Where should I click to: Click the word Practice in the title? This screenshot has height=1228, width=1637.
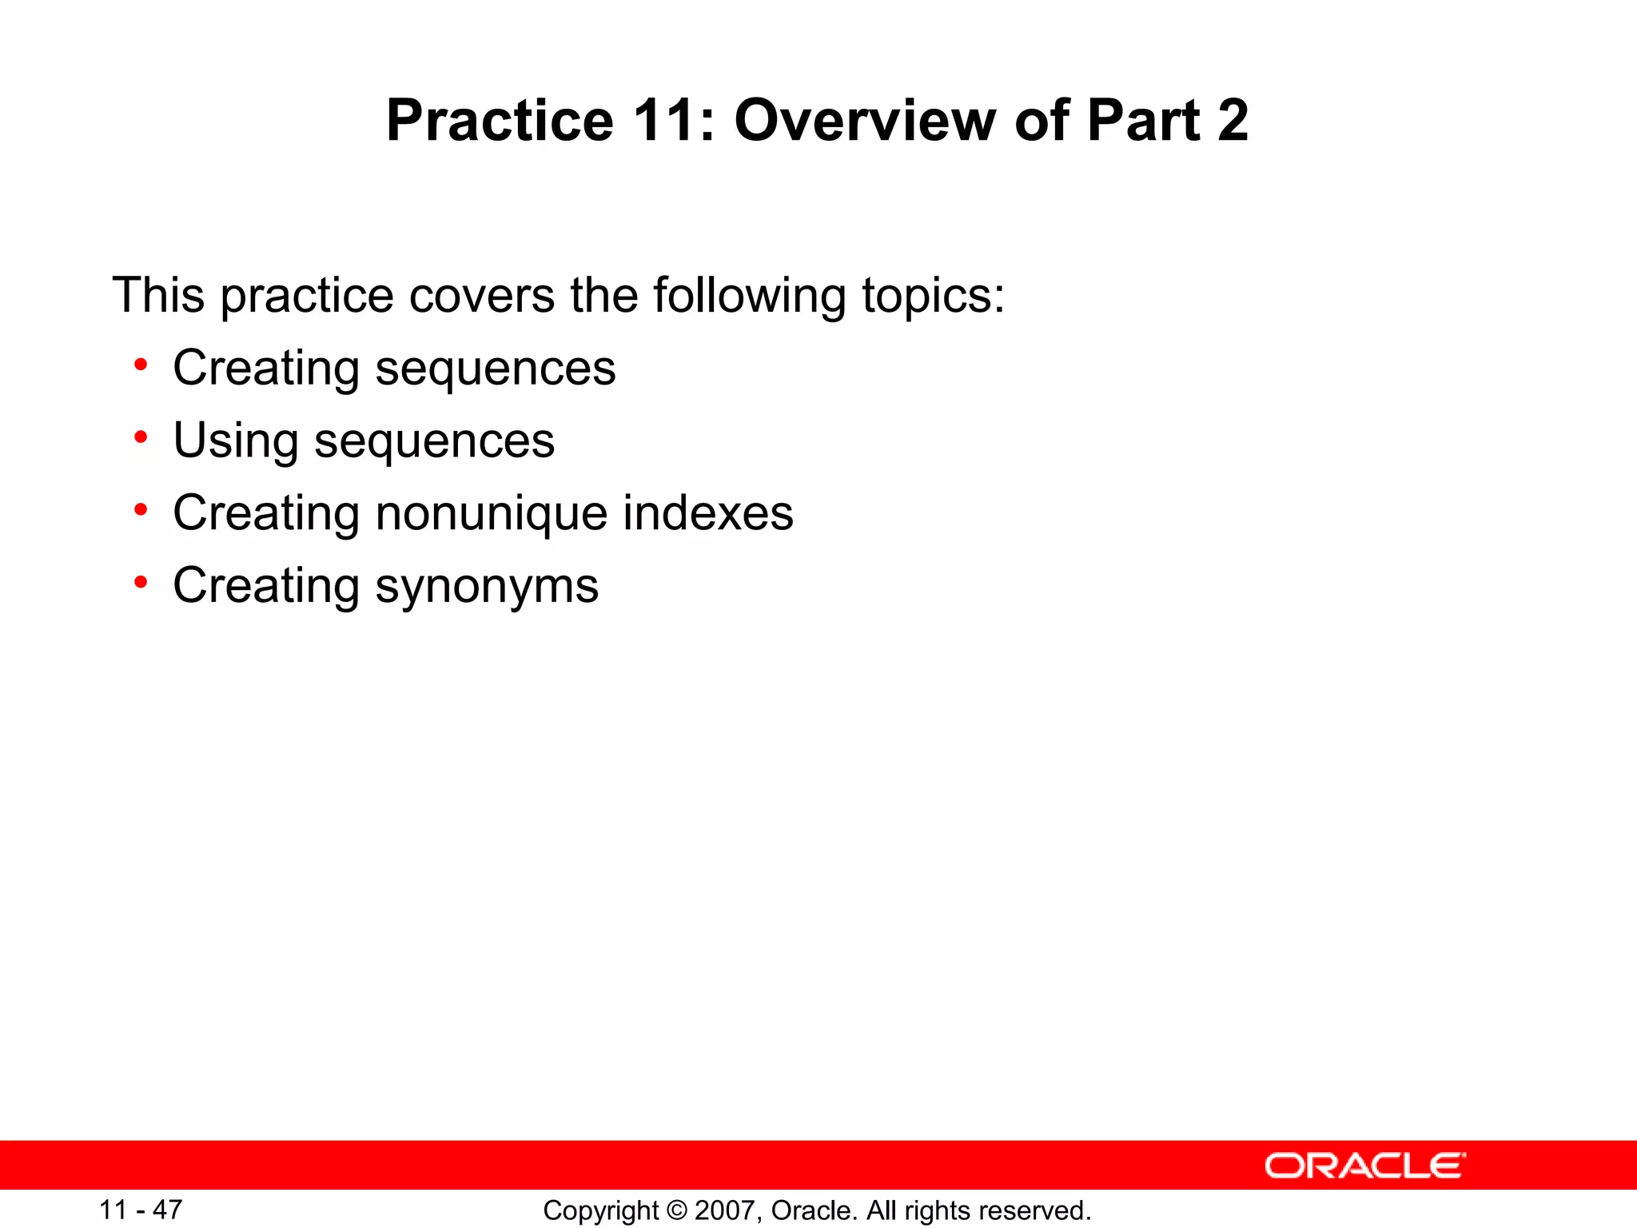click(x=500, y=120)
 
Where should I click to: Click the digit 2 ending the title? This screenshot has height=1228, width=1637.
click(x=1233, y=120)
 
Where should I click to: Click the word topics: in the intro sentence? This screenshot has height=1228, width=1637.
click(x=933, y=295)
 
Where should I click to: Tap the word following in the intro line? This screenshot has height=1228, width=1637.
click(x=749, y=295)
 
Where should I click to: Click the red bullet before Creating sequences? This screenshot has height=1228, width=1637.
click(x=141, y=366)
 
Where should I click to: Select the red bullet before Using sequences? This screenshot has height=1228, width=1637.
click(x=141, y=438)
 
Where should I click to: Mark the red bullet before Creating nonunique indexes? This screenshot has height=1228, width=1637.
click(x=141, y=510)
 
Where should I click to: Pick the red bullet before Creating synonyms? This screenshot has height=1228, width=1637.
click(x=141, y=583)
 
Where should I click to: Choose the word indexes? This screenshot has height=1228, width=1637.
click(x=707, y=512)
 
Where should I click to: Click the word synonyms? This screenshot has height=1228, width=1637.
click(x=487, y=587)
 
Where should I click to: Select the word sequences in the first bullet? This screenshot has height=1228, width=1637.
click(x=496, y=369)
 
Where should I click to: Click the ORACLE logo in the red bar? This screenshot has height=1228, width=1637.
click(x=1365, y=1166)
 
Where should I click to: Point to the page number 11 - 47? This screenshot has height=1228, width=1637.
click(x=141, y=1210)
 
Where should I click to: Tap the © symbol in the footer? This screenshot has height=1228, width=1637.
click(x=676, y=1210)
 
